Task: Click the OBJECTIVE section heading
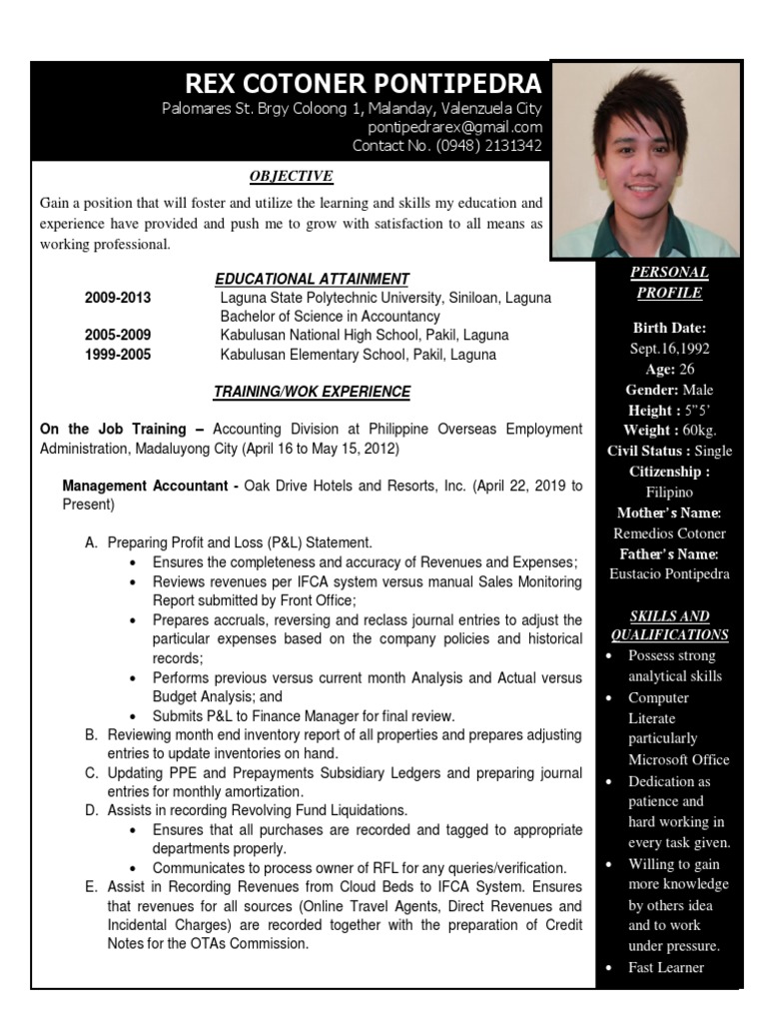(x=291, y=177)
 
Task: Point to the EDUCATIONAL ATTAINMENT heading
(x=312, y=279)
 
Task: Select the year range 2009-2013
(x=118, y=298)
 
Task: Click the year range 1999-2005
(x=118, y=355)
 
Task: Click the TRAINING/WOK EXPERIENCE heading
(x=312, y=392)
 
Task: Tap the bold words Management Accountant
(x=146, y=486)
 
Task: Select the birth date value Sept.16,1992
(x=669, y=348)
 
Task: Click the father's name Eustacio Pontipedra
(x=669, y=574)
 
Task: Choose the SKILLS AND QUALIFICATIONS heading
(x=669, y=625)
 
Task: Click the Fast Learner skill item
(x=665, y=967)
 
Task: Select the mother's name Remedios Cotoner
(x=669, y=533)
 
